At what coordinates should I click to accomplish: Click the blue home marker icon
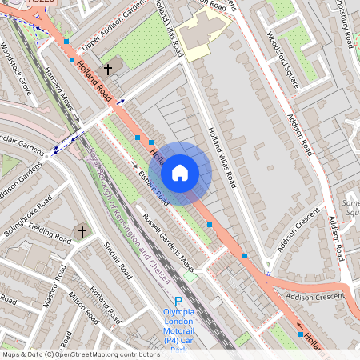pos(180,172)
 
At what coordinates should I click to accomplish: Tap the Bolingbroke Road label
pos(27,210)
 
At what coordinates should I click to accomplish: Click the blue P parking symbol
pos(178,302)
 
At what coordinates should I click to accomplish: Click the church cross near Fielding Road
pos(81,232)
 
